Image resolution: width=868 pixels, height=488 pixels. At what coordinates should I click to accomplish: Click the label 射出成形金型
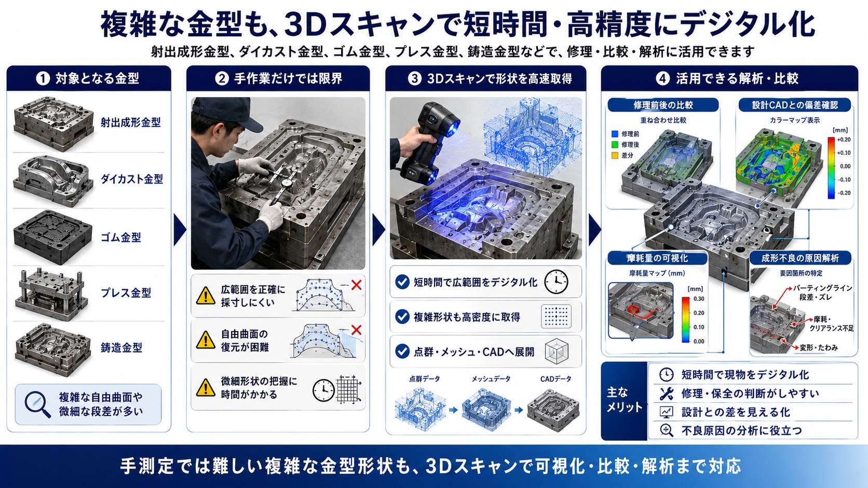(x=131, y=122)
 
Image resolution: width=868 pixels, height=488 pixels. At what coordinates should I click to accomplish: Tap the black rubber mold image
(x=53, y=237)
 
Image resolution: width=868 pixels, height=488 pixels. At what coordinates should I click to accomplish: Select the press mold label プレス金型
(x=126, y=292)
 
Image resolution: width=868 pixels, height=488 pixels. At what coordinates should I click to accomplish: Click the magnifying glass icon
(x=37, y=405)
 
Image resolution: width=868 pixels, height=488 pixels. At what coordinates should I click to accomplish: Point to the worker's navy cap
(x=225, y=114)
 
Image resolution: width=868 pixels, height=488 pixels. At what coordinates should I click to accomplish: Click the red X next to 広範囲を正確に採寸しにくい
(x=356, y=285)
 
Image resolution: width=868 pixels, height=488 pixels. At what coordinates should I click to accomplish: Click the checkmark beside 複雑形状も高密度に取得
(x=402, y=316)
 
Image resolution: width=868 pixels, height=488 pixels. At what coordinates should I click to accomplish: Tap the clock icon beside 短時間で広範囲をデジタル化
(x=556, y=282)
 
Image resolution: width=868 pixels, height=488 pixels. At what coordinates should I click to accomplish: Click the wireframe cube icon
(x=557, y=352)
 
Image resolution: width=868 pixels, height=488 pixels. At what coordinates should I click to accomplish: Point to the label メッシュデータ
(x=491, y=379)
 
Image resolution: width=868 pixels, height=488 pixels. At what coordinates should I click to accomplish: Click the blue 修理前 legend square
(x=615, y=134)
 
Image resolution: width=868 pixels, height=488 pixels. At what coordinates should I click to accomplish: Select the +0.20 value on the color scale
(x=844, y=140)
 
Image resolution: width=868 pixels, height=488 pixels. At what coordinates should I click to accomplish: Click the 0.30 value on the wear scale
(x=699, y=298)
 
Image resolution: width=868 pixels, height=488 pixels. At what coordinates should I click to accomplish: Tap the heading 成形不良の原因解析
(x=800, y=258)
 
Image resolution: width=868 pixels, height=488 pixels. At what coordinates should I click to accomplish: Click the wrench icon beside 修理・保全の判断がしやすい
(x=666, y=394)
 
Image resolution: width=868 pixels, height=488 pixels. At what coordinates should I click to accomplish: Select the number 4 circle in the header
(x=662, y=78)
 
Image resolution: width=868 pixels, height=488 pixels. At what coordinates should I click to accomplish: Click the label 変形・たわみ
(x=819, y=347)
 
